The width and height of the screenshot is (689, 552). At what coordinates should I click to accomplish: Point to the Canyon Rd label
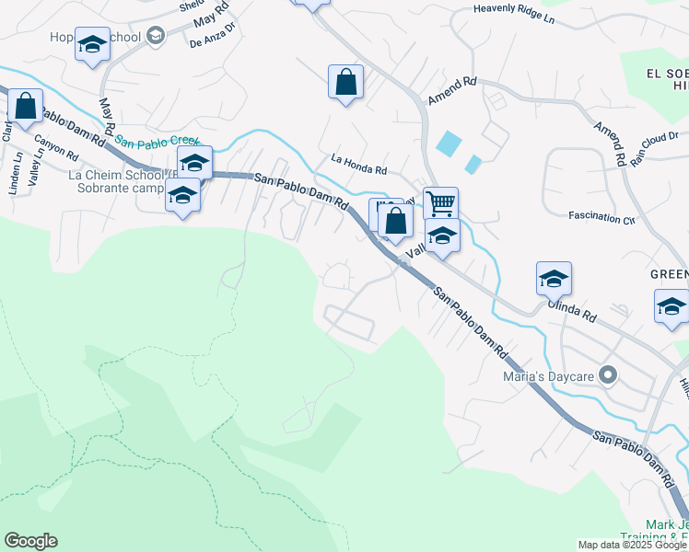pyautogui.click(x=56, y=148)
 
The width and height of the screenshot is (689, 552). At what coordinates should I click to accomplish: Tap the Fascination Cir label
pyautogui.click(x=601, y=218)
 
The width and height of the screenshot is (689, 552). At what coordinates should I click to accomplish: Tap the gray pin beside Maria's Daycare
pyautogui.click(x=607, y=375)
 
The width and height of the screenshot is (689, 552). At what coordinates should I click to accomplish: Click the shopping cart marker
pyautogui.click(x=441, y=202)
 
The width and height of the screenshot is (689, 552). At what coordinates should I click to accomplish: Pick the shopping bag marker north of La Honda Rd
pyautogui.click(x=345, y=82)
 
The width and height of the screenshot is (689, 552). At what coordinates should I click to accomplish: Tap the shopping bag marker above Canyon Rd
pyautogui.click(x=25, y=107)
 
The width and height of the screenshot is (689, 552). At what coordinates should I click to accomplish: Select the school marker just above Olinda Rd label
pyautogui.click(x=554, y=278)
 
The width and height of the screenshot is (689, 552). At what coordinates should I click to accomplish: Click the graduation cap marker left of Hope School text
pyautogui.click(x=92, y=44)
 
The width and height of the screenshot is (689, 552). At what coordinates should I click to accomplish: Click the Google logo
pyautogui.click(x=30, y=541)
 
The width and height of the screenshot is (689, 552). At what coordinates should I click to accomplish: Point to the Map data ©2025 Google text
pyautogui.click(x=631, y=545)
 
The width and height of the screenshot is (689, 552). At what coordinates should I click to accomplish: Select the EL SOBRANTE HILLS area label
pyautogui.click(x=666, y=78)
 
